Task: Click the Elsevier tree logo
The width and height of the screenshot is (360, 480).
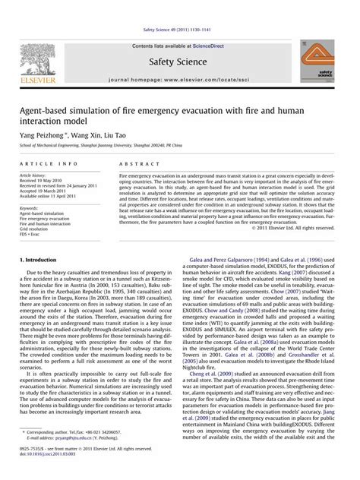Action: point(36,60)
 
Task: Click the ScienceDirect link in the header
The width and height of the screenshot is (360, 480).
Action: point(214,46)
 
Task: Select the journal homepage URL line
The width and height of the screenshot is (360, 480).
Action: point(181,80)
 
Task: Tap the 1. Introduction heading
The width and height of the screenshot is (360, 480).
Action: point(38,260)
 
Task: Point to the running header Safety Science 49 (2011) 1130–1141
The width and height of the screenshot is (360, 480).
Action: point(180,30)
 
